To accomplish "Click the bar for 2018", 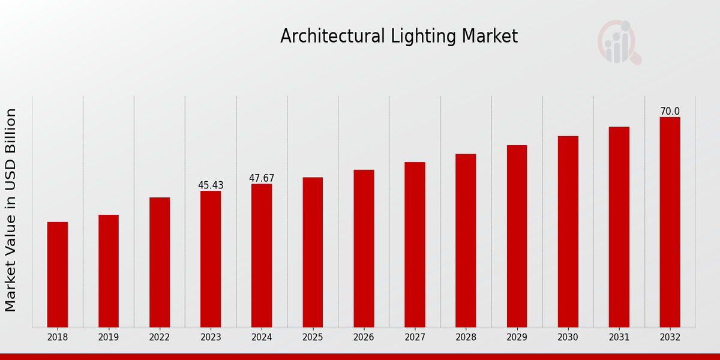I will pos(58,274).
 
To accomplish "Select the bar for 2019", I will pos(109,271).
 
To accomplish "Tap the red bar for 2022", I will pos(160,262).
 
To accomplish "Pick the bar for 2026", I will pos(364,248).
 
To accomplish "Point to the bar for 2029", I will pos(517,236).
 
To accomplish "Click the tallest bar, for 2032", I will pos(670,222).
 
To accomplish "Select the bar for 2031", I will pos(619,227).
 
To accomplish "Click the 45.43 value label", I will pos(211,185).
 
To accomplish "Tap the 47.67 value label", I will pos(262,178).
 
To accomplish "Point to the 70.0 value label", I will pos(670,112).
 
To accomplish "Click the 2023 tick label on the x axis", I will pos(211,338).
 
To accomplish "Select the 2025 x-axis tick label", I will pos(313,338).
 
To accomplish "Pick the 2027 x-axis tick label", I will pos(415,338).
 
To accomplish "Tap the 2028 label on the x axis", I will pos(466,338).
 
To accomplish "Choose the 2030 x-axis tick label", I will pos(568,338).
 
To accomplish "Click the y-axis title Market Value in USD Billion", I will pos(11,210).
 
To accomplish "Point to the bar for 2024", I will pos(262,255).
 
